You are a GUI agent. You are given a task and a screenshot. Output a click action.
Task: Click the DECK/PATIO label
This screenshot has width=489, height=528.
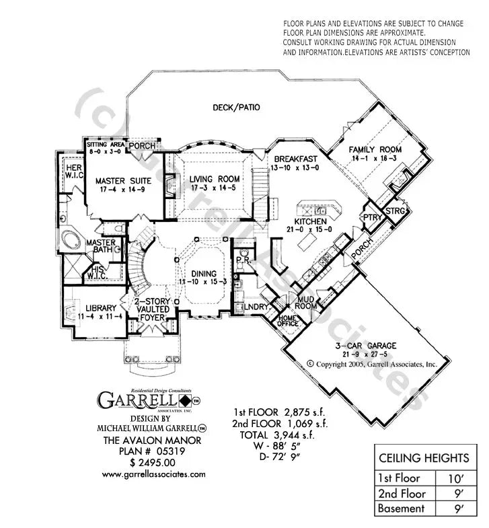236,107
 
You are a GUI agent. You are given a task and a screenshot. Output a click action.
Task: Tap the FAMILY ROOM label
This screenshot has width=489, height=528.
375,149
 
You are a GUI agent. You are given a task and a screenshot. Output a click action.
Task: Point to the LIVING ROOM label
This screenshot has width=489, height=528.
214,178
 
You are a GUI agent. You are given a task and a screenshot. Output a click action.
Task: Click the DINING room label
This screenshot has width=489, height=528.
202,274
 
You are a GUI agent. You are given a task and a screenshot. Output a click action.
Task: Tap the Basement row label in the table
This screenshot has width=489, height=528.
401,508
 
